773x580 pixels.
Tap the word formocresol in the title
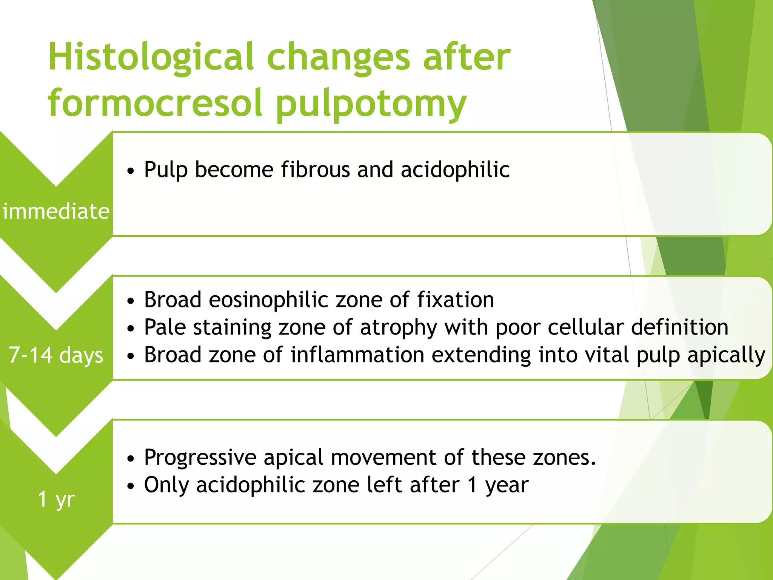coord(155,103)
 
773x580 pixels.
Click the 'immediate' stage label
coord(56,211)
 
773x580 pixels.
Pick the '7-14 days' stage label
coord(56,355)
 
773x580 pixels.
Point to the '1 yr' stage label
coord(56,499)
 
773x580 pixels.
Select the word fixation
coord(456,300)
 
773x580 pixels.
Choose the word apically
coord(726,356)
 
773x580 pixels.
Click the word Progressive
coord(200,458)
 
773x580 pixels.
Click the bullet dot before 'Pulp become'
coord(131,171)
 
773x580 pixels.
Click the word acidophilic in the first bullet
coord(455,170)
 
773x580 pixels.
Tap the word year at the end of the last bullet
coord(507,486)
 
